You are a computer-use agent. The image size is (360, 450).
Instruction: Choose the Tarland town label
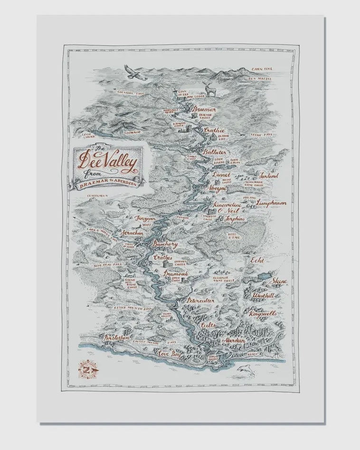coord(269,175)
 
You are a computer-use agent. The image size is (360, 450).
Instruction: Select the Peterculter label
coord(201,300)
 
